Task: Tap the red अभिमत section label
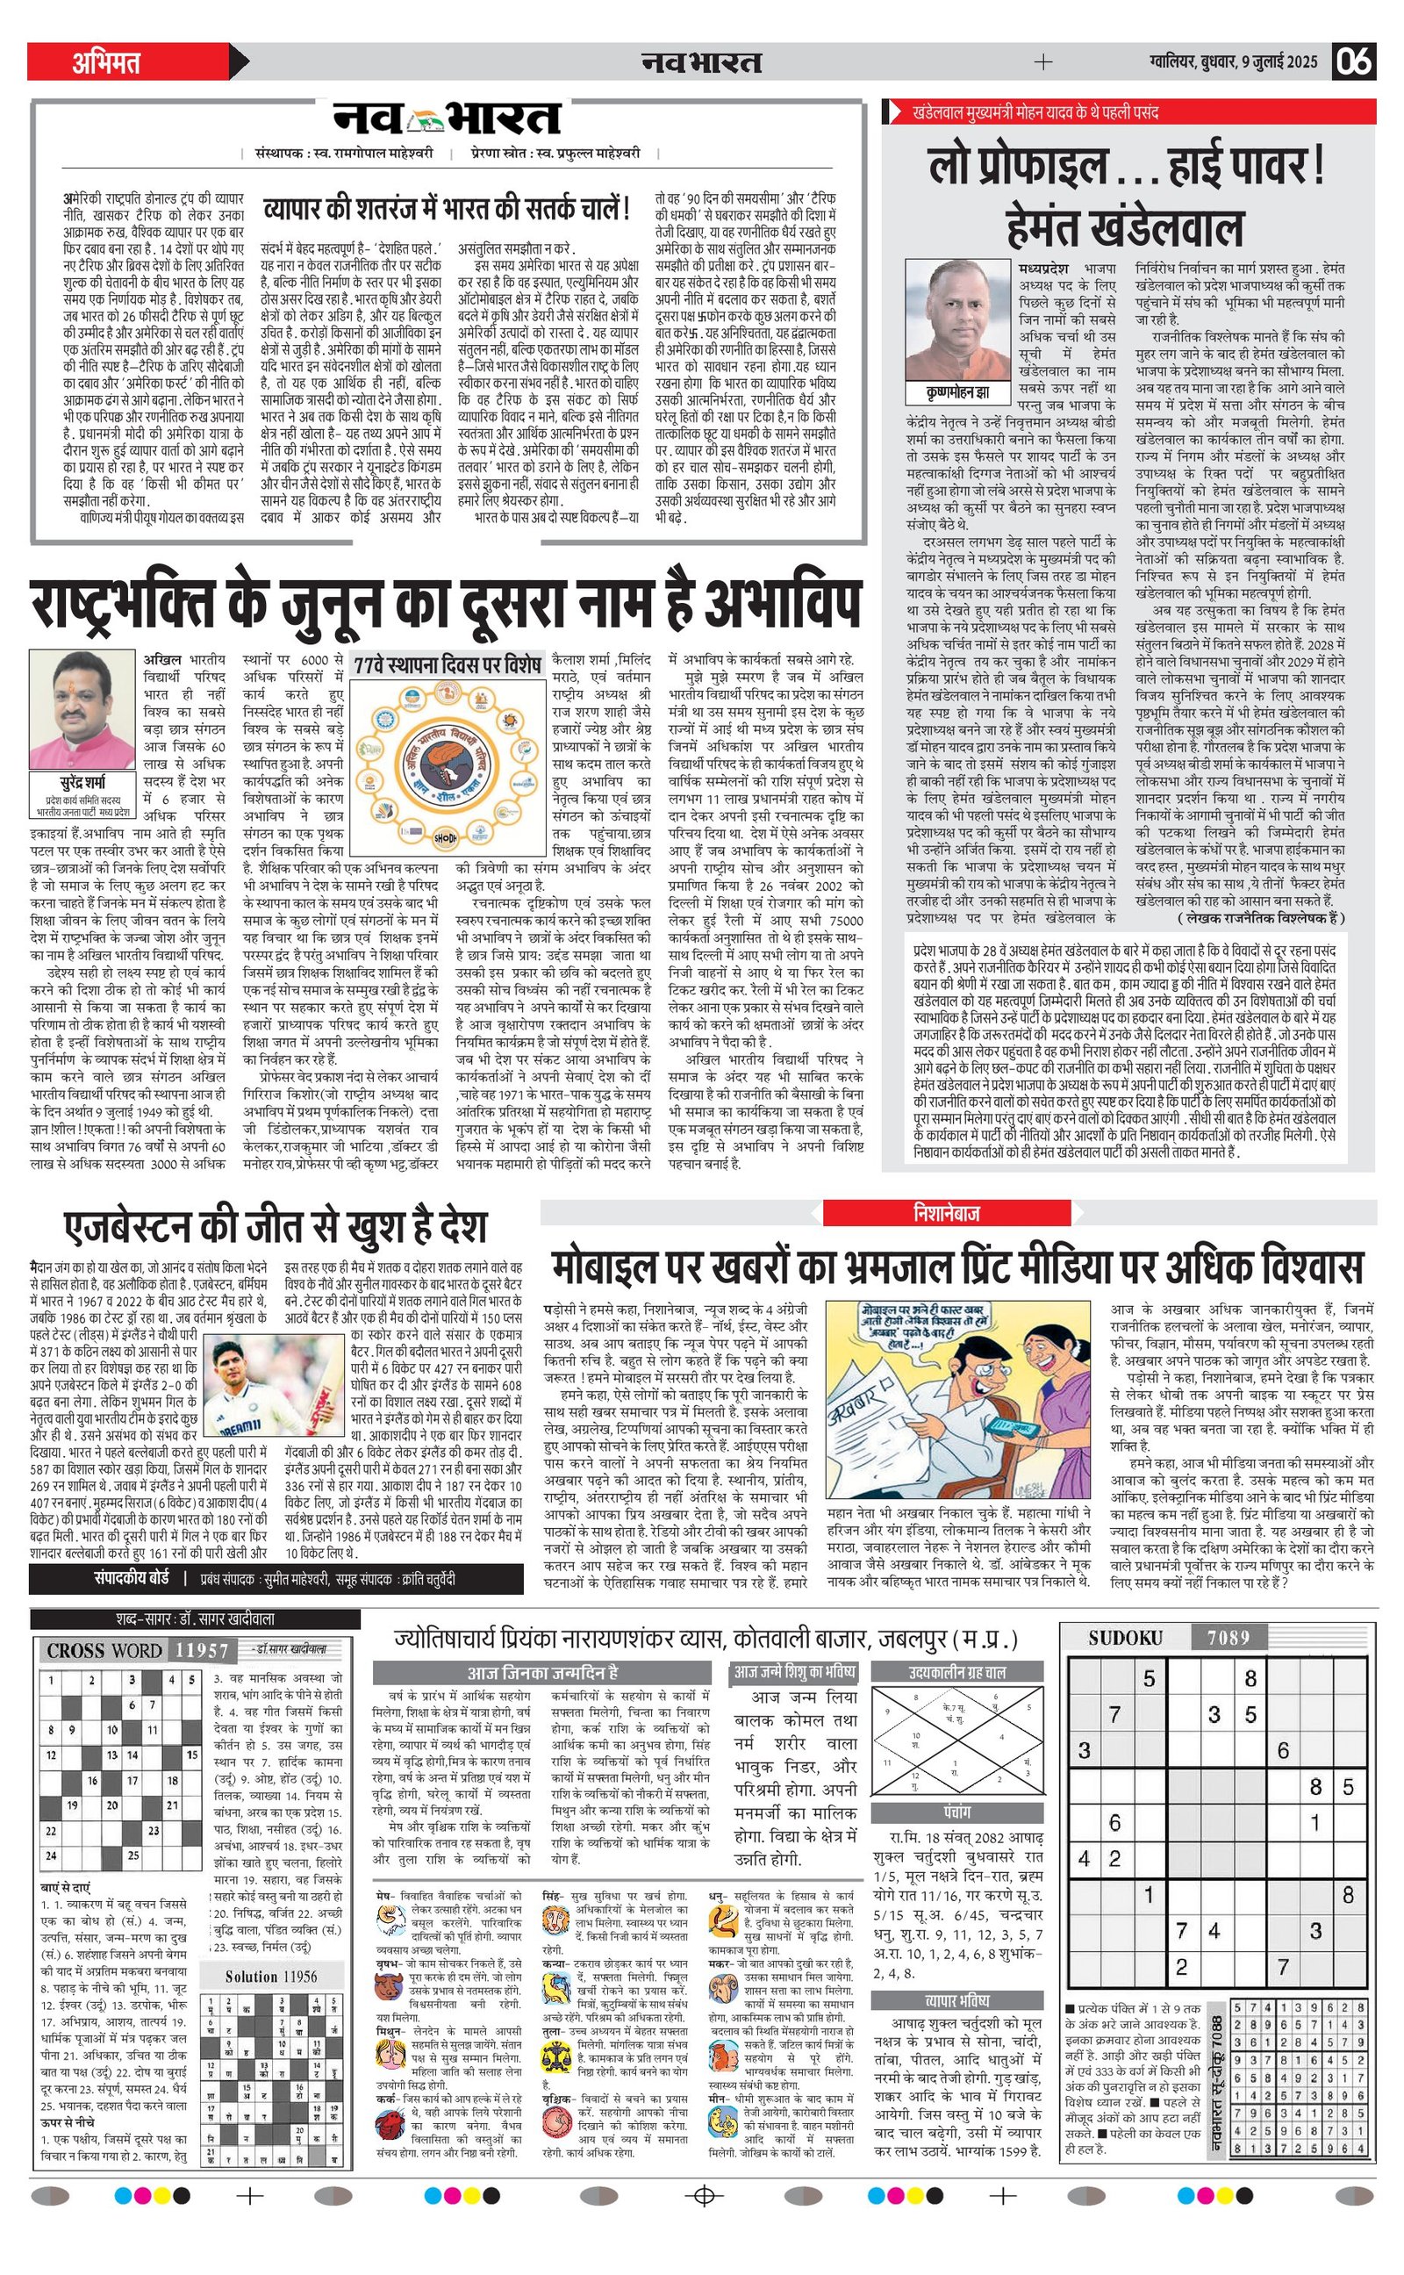point(106,62)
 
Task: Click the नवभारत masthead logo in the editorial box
point(448,118)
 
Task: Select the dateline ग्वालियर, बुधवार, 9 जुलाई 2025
point(1232,62)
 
